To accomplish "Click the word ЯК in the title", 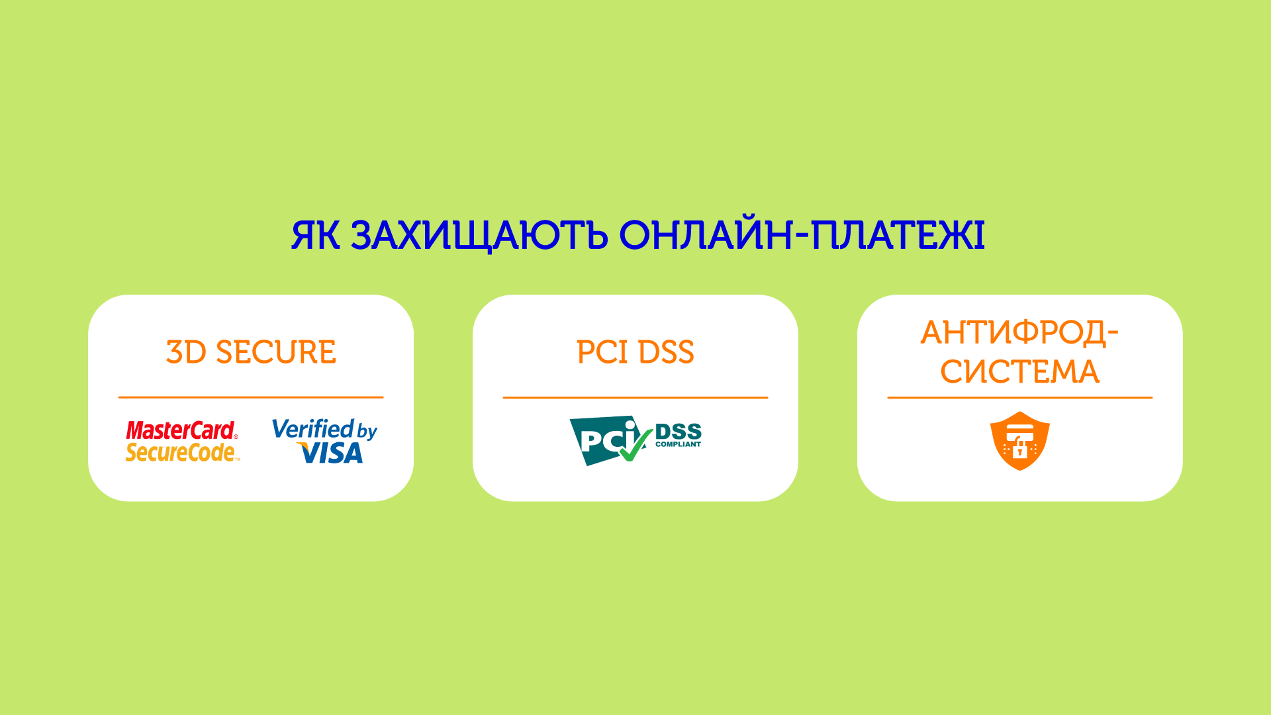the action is (x=316, y=235).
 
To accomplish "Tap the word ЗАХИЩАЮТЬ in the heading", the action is (x=479, y=236).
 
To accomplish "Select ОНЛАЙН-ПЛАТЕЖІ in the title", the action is (x=802, y=235).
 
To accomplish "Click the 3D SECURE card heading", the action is (x=251, y=352).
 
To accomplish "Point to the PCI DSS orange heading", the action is (x=635, y=352).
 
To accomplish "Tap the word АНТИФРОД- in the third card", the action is (x=1019, y=333).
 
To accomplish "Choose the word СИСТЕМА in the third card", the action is (x=1019, y=371).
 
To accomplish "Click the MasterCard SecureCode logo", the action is (x=182, y=441).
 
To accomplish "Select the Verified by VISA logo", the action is (x=324, y=441).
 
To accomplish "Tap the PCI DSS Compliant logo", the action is (x=635, y=441).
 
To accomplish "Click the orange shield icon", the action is (x=1020, y=441).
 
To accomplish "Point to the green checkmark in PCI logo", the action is (x=635, y=445).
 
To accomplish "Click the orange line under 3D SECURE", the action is (x=251, y=397).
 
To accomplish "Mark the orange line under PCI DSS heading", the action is (x=635, y=397).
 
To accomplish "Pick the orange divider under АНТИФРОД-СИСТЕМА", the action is (x=1020, y=397).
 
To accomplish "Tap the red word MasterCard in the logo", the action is (x=181, y=430).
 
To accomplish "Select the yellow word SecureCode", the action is (x=181, y=452).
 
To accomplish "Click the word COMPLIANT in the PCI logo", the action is (x=678, y=444).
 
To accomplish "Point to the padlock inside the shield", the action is (x=1020, y=450).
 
